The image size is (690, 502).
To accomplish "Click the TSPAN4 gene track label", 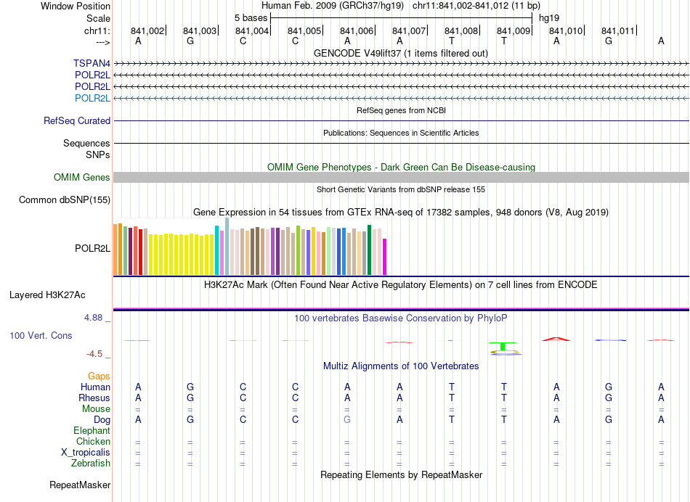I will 92,63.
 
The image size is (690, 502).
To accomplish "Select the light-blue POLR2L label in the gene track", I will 92,98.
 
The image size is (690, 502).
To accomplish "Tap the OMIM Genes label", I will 82,177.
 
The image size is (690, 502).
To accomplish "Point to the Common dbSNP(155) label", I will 65,200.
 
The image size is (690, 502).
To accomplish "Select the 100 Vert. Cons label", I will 41,336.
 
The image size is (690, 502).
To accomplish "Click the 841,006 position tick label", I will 357,30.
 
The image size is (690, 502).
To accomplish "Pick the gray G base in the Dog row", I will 347,420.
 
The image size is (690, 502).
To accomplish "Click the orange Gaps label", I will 99,376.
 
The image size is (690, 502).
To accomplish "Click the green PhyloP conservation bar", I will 503,345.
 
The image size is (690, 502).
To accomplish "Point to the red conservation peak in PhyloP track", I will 556,338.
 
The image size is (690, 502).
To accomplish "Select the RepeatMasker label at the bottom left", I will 80,485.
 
